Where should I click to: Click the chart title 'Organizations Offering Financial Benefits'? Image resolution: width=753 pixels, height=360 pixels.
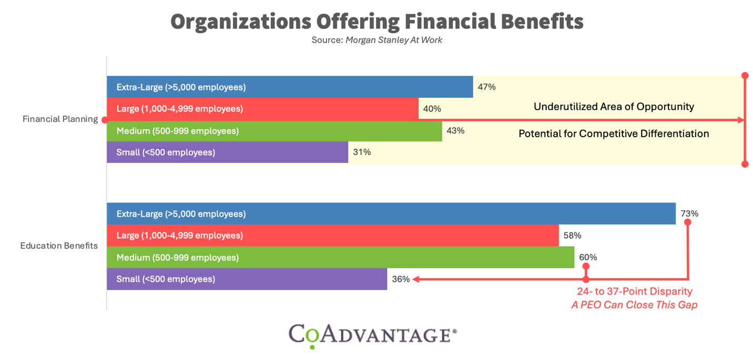click(376, 21)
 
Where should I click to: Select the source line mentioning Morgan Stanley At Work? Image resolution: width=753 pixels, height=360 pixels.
click(376, 40)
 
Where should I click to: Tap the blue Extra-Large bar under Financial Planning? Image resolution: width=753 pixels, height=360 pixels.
click(289, 87)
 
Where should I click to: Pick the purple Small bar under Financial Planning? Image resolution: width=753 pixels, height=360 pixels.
click(227, 152)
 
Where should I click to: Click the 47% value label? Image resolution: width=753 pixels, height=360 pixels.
click(486, 87)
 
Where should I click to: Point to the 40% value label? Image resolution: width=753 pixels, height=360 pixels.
click(432, 109)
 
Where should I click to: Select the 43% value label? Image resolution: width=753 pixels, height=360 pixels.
click(455, 130)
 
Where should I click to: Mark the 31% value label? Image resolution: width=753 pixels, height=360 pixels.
click(362, 152)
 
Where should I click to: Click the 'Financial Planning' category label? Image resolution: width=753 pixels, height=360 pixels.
click(60, 119)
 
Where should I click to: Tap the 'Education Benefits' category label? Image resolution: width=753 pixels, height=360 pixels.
click(59, 246)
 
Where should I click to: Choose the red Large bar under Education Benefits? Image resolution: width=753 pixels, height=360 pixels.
click(332, 235)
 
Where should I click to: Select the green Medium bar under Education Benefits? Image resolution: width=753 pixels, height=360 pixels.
click(340, 258)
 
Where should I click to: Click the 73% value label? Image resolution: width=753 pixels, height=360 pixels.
click(689, 214)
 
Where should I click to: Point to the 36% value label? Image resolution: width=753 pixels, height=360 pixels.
click(401, 279)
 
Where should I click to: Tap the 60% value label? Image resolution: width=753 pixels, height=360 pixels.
click(588, 258)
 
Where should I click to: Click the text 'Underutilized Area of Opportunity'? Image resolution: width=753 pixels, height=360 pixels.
click(614, 107)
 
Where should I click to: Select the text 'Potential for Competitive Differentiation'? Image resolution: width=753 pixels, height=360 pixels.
click(614, 133)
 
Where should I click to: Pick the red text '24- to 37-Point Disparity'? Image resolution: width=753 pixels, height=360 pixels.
click(635, 291)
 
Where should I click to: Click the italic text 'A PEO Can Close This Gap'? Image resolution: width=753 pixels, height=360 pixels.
click(634, 305)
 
